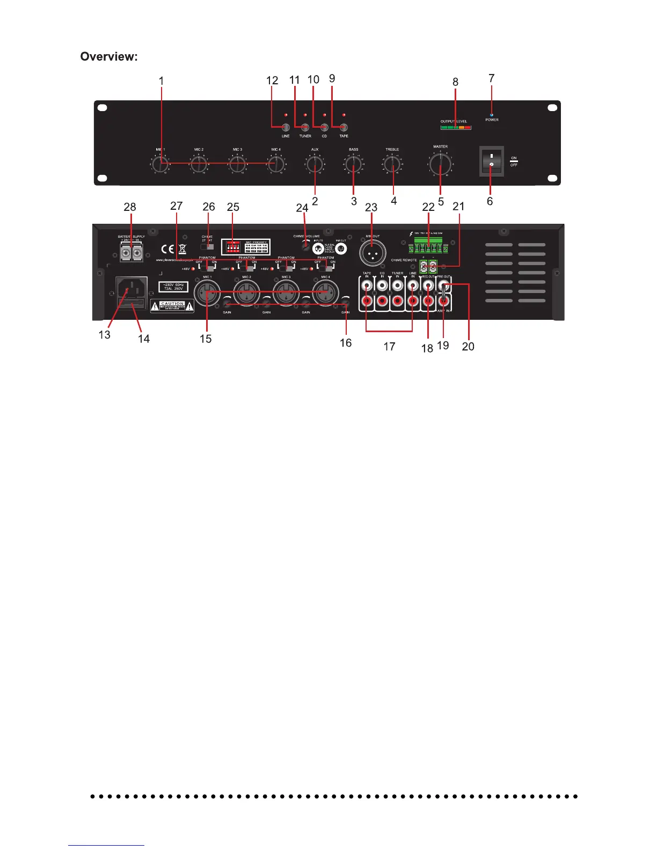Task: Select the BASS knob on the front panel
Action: (354, 165)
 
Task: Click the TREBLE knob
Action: (392, 165)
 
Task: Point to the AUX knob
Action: (315, 165)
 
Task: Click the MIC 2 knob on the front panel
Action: (199, 165)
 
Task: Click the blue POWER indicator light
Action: (492, 114)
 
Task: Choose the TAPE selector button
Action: (344, 127)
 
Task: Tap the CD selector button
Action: (324, 127)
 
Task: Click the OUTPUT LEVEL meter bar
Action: (455, 128)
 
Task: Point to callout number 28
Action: (130, 207)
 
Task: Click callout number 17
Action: (389, 347)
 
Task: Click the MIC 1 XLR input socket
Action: (207, 292)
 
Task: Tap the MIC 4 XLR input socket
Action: (325, 292)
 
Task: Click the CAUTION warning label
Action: (172, 306)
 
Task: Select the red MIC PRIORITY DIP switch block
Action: (233, 247)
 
